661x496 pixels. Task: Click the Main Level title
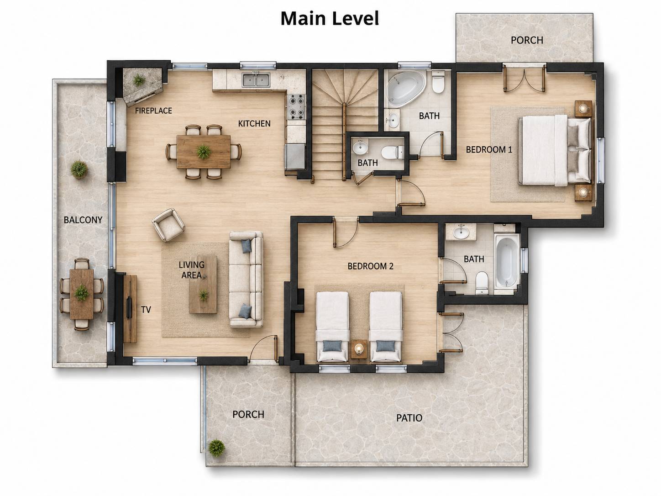(330, 19)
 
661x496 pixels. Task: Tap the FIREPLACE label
(153, 111)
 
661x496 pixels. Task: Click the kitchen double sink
(256, 79)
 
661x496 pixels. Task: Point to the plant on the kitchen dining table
(204, 152)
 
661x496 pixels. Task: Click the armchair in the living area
(168, 225)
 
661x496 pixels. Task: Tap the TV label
(146, 310)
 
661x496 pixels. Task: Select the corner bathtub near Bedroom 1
(406, 90)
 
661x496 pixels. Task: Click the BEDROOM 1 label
(489, 150)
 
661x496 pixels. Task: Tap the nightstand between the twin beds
(359, 349)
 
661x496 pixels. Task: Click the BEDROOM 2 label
(370, 266)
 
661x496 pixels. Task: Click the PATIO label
(409, 418)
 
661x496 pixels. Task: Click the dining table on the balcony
(82, 294)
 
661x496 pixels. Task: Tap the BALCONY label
(83, 220)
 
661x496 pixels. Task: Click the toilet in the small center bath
(393, 153)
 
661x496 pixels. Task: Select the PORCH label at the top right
(527, 40)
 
